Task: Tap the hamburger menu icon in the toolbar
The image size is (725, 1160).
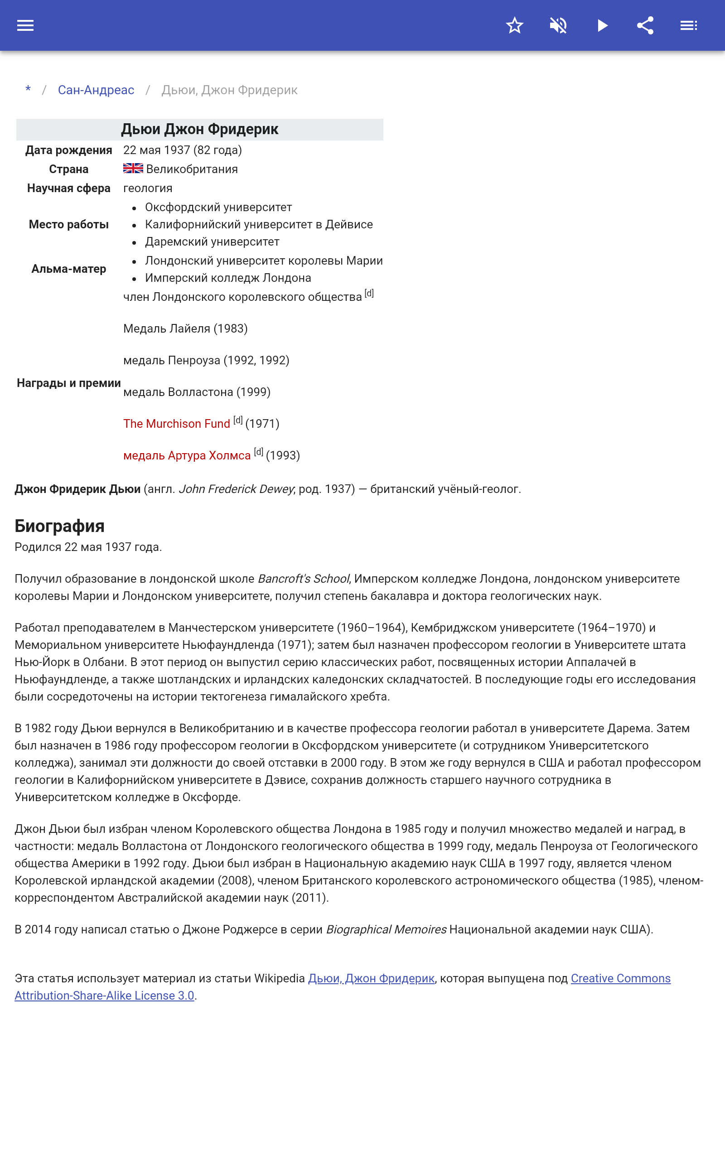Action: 25,25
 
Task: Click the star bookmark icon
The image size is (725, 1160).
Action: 514,25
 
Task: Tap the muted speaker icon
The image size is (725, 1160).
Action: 558,25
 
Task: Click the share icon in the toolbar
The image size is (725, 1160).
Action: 645,25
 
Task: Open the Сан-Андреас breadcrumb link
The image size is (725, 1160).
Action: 96,90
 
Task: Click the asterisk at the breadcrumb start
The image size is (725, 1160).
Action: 28,90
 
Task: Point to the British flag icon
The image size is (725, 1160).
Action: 133,168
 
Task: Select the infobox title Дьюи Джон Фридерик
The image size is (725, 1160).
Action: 199,130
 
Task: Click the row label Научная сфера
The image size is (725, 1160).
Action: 68,188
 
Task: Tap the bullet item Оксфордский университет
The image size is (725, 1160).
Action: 218,207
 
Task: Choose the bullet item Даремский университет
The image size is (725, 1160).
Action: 212,242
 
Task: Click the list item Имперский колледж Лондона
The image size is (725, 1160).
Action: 228,278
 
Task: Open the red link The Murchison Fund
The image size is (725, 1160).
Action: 176,424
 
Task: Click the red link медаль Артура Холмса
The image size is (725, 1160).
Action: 187,455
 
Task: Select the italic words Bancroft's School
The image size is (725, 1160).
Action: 303,579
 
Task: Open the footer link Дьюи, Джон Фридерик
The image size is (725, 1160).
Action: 371,978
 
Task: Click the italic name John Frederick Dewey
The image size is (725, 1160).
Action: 236,489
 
